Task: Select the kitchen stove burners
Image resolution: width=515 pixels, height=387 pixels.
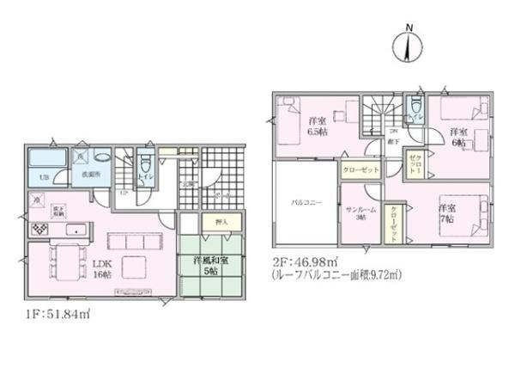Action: (39, 230)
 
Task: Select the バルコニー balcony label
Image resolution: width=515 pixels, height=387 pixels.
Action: (305, 203)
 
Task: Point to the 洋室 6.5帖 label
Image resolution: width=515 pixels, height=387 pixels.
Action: (317, 126)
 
